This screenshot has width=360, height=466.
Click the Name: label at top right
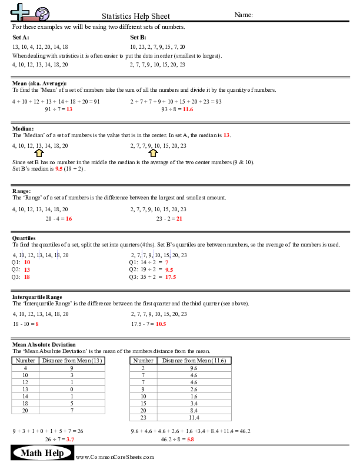click(244, 15)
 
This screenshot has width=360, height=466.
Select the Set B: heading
click(138, 37)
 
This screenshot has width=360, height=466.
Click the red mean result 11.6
click(188, 109)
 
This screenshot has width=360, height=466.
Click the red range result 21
click(179, 218)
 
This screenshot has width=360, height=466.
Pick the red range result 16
click(69, 218)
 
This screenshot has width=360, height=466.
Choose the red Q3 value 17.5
click(171, 277)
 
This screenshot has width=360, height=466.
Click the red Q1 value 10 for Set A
click(27, 262)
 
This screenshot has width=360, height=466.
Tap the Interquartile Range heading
click(37, 297)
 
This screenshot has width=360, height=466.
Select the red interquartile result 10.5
click(161, 324)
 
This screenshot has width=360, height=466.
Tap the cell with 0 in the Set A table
click(72, 389)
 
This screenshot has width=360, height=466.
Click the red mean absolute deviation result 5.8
click(191, 439)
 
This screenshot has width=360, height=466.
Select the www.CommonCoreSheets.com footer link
click(115, 457)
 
